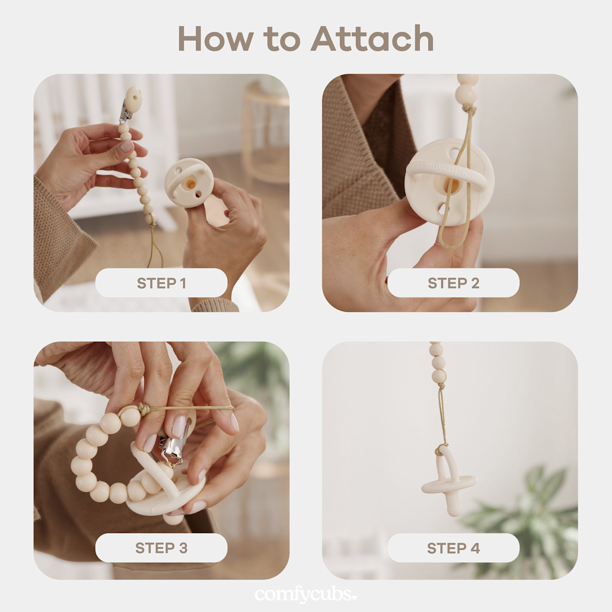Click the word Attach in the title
pos(372,38)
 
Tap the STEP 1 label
pos(161,283)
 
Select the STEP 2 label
pos(453,283)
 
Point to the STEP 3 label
pos(161,548)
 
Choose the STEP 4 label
pos(453,548)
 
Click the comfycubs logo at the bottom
pos(306,594)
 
